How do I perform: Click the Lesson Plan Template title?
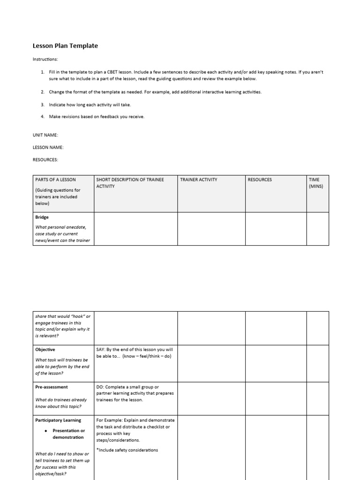pos(65,46)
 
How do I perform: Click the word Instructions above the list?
pos(45,60)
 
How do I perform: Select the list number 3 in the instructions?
pos(42,105)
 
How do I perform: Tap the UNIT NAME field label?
pos(45,135)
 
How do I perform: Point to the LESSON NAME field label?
pos(48,147)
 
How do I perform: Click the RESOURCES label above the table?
pos(45,159)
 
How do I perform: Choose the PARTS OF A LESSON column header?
pos(55,180)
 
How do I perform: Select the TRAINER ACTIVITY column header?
pos(199,180)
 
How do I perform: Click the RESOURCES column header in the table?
pos(260,180)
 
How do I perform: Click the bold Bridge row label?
pos(42,217)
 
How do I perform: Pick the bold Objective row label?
pos(45,350)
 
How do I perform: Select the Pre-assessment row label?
pos(52,387)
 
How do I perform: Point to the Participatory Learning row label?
pos(58,420)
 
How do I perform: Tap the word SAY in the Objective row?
pos(101,350)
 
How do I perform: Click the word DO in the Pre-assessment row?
pos(100,387)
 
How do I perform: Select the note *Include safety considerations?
pos(127,450)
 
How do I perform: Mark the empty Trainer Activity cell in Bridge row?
pos(211,229)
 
